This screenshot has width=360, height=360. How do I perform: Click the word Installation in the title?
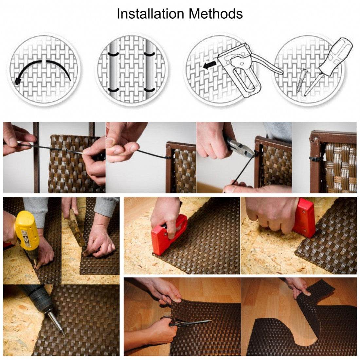(x=151, y=14)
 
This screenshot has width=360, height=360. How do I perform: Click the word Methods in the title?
(x=216, y=14)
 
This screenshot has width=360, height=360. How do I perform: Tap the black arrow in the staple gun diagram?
(x=209, y=65)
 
